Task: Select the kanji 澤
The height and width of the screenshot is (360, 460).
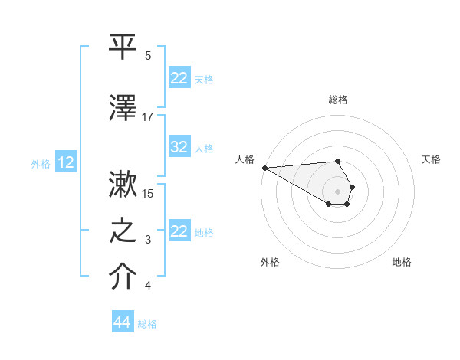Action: pos(123,107)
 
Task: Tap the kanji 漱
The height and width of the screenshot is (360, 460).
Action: pos(123,185)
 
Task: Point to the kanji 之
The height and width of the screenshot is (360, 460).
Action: pos(123,231)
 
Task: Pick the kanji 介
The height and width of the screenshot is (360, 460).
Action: pos(123,277)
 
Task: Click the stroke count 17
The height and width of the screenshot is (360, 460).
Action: pos(148,117)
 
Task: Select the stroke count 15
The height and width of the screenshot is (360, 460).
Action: pos(148,194)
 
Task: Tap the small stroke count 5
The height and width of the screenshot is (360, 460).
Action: pos(148,56)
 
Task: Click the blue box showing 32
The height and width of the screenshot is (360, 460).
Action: pos(179,147)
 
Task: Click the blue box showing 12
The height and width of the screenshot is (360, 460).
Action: pos(66,162)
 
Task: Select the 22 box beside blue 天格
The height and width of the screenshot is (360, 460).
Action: pos(179,78)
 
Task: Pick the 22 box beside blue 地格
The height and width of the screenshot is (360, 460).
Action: pos(179,231)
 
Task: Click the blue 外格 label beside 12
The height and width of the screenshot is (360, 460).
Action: pos(41,163)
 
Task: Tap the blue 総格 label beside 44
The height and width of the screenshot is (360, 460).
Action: pos(147,324)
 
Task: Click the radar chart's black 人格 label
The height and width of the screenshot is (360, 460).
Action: pos(245,159)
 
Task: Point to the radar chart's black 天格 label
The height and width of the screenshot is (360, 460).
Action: pos(431,159)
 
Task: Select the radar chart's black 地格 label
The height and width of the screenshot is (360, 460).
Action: pos(402,262)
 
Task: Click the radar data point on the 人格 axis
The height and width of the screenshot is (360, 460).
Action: pos(264,168)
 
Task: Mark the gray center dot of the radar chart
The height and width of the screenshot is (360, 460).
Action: pos(337,191)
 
